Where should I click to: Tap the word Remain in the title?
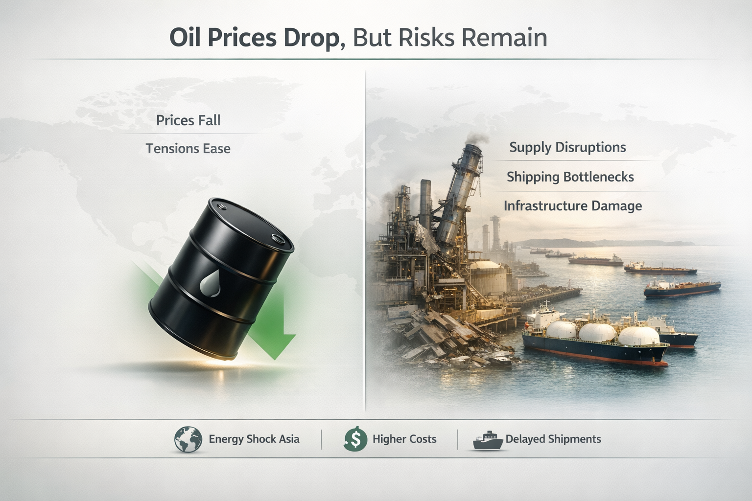[504, 37]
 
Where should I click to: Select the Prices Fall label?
[188, 120]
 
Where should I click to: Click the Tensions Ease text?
[188, 148]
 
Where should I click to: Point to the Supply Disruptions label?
[568, 147]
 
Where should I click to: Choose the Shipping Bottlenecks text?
[570, 177]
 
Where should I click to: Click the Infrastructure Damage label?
[573, 205]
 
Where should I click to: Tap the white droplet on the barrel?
[210, 284]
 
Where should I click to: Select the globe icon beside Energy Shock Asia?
[188, 439]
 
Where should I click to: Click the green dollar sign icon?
[355, 439]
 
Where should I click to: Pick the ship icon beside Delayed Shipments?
[488, 441]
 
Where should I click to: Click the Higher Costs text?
[404, 439]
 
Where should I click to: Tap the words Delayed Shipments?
[553, 439]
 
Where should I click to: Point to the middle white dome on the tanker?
[597, 332]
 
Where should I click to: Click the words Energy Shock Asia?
[254, 439]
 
